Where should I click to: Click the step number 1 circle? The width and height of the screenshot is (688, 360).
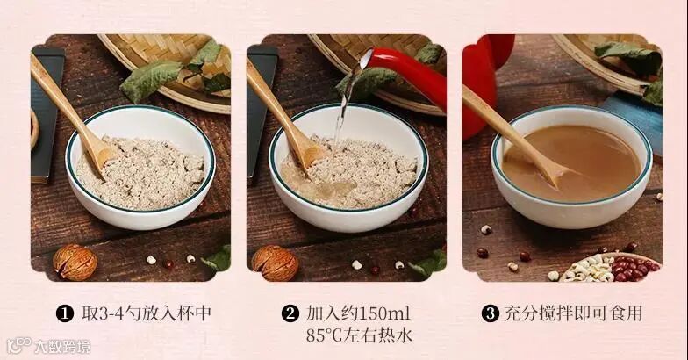[x=65, y=314]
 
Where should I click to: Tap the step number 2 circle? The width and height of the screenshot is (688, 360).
[x=290, y=314]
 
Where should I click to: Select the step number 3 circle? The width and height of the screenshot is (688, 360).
[x=490, y=314]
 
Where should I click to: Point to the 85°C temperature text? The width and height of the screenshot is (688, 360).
[x=325, y=335]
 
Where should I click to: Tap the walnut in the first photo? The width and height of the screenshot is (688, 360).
[x=75, y=262]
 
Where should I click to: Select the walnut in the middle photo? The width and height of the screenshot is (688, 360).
[x=275, y=263]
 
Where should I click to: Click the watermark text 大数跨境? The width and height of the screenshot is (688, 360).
[x=62, y=347]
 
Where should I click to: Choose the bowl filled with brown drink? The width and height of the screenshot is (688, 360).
[x=571, y=167]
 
